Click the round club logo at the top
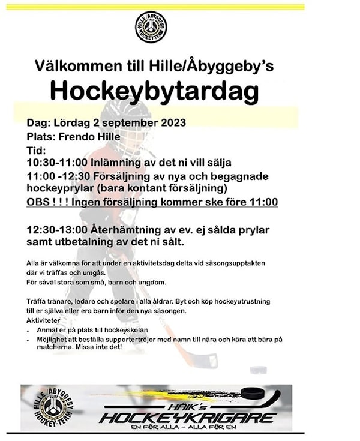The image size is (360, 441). (151, 27)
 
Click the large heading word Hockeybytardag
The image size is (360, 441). (154, 91)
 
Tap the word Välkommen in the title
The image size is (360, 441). (73, 65)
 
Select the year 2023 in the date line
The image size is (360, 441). (170, 123)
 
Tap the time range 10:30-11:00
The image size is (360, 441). (58, 163)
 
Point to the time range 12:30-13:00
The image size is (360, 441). (58, 230)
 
